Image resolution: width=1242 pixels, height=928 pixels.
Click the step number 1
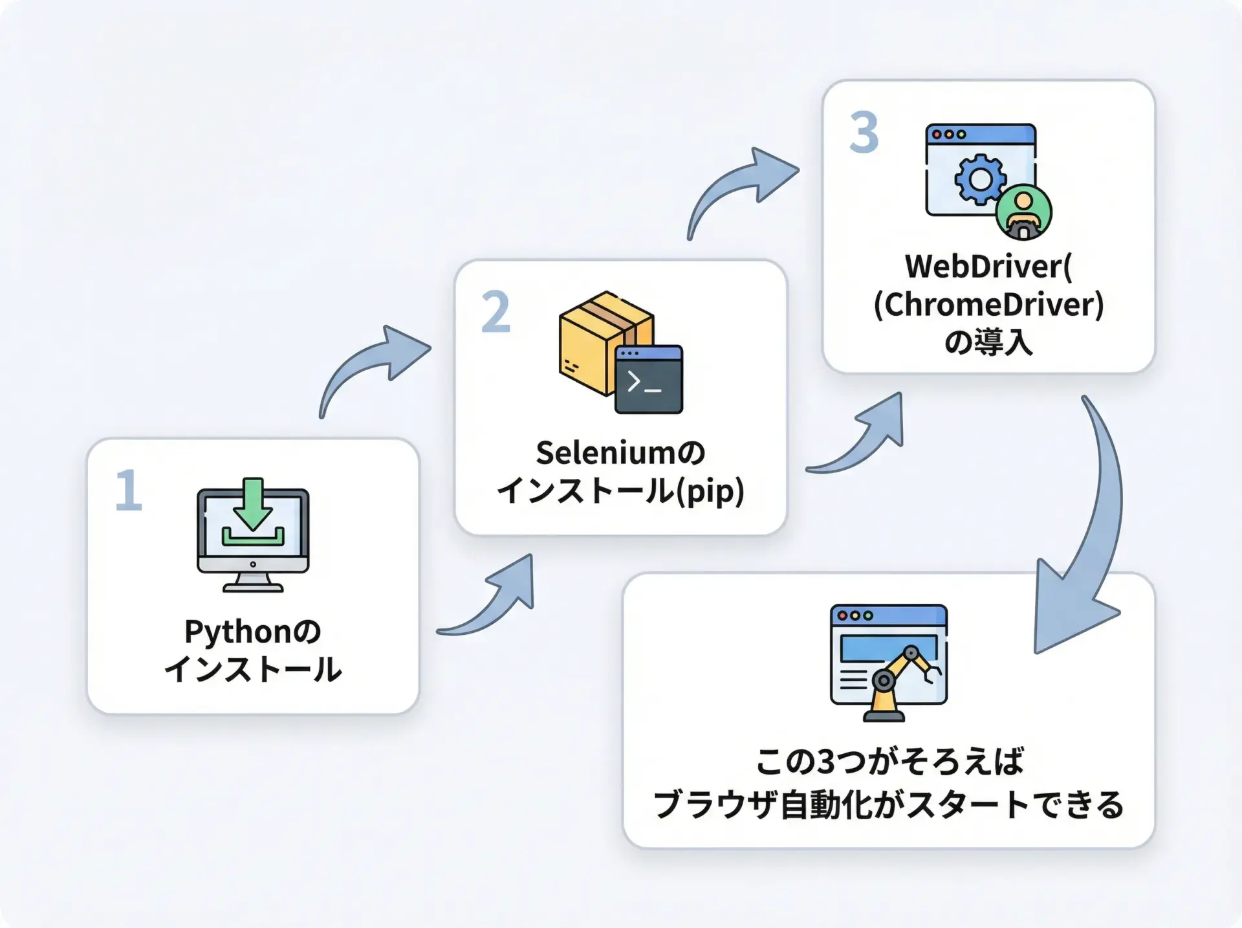coord(128,491)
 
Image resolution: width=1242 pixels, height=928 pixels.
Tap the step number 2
coord(496,312)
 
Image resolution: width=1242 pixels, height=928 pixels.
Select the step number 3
coord(864,133)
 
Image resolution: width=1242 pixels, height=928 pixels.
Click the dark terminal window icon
coord(649,380)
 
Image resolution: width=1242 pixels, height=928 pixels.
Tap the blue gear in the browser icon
coord(980,179)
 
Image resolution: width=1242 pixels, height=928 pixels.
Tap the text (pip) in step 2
coord(711,491)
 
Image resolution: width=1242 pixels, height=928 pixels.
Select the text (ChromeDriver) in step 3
coord(988,305)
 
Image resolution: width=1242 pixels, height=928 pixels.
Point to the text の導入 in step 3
coord(988,342)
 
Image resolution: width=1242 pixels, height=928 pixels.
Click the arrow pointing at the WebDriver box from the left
coord(744,188)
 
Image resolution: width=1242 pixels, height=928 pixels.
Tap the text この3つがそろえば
coord(889,762)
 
